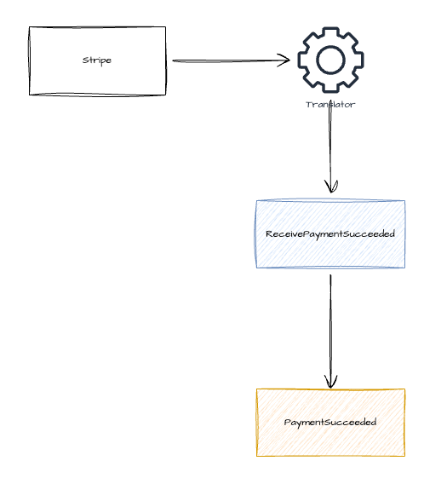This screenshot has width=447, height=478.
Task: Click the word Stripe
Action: [x=97, y=60]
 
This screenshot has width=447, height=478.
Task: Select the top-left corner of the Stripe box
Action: [x=30, y=27]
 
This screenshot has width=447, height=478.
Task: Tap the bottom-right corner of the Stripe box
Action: [x=165, y=95]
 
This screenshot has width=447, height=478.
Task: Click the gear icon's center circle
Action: [x=330, y=60]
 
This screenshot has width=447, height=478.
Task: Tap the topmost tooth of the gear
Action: [x=330, y=32]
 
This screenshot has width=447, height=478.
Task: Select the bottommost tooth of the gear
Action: [x=330, y=88]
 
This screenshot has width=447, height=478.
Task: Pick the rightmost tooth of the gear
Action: [x=358, y=60]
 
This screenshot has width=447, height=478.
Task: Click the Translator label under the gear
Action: [x=330, y=105]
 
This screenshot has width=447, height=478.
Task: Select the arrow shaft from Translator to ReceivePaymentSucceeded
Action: [x=330, y=145]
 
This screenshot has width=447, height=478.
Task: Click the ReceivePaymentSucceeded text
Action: [x=330, y=233]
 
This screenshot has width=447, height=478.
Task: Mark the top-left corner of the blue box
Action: [x=257, y=201]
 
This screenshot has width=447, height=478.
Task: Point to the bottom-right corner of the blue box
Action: [x=404, y=268]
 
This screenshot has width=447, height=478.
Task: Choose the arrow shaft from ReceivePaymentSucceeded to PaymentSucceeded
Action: [x=330, y=328]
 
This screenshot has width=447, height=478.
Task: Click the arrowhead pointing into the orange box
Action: [x=331, y=383]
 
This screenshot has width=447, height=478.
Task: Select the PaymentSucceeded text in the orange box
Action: [x=330, y=422]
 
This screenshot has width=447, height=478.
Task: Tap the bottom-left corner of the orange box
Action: [x=257, y=456]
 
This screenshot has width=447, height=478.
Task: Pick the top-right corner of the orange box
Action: [x=404, y=389]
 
